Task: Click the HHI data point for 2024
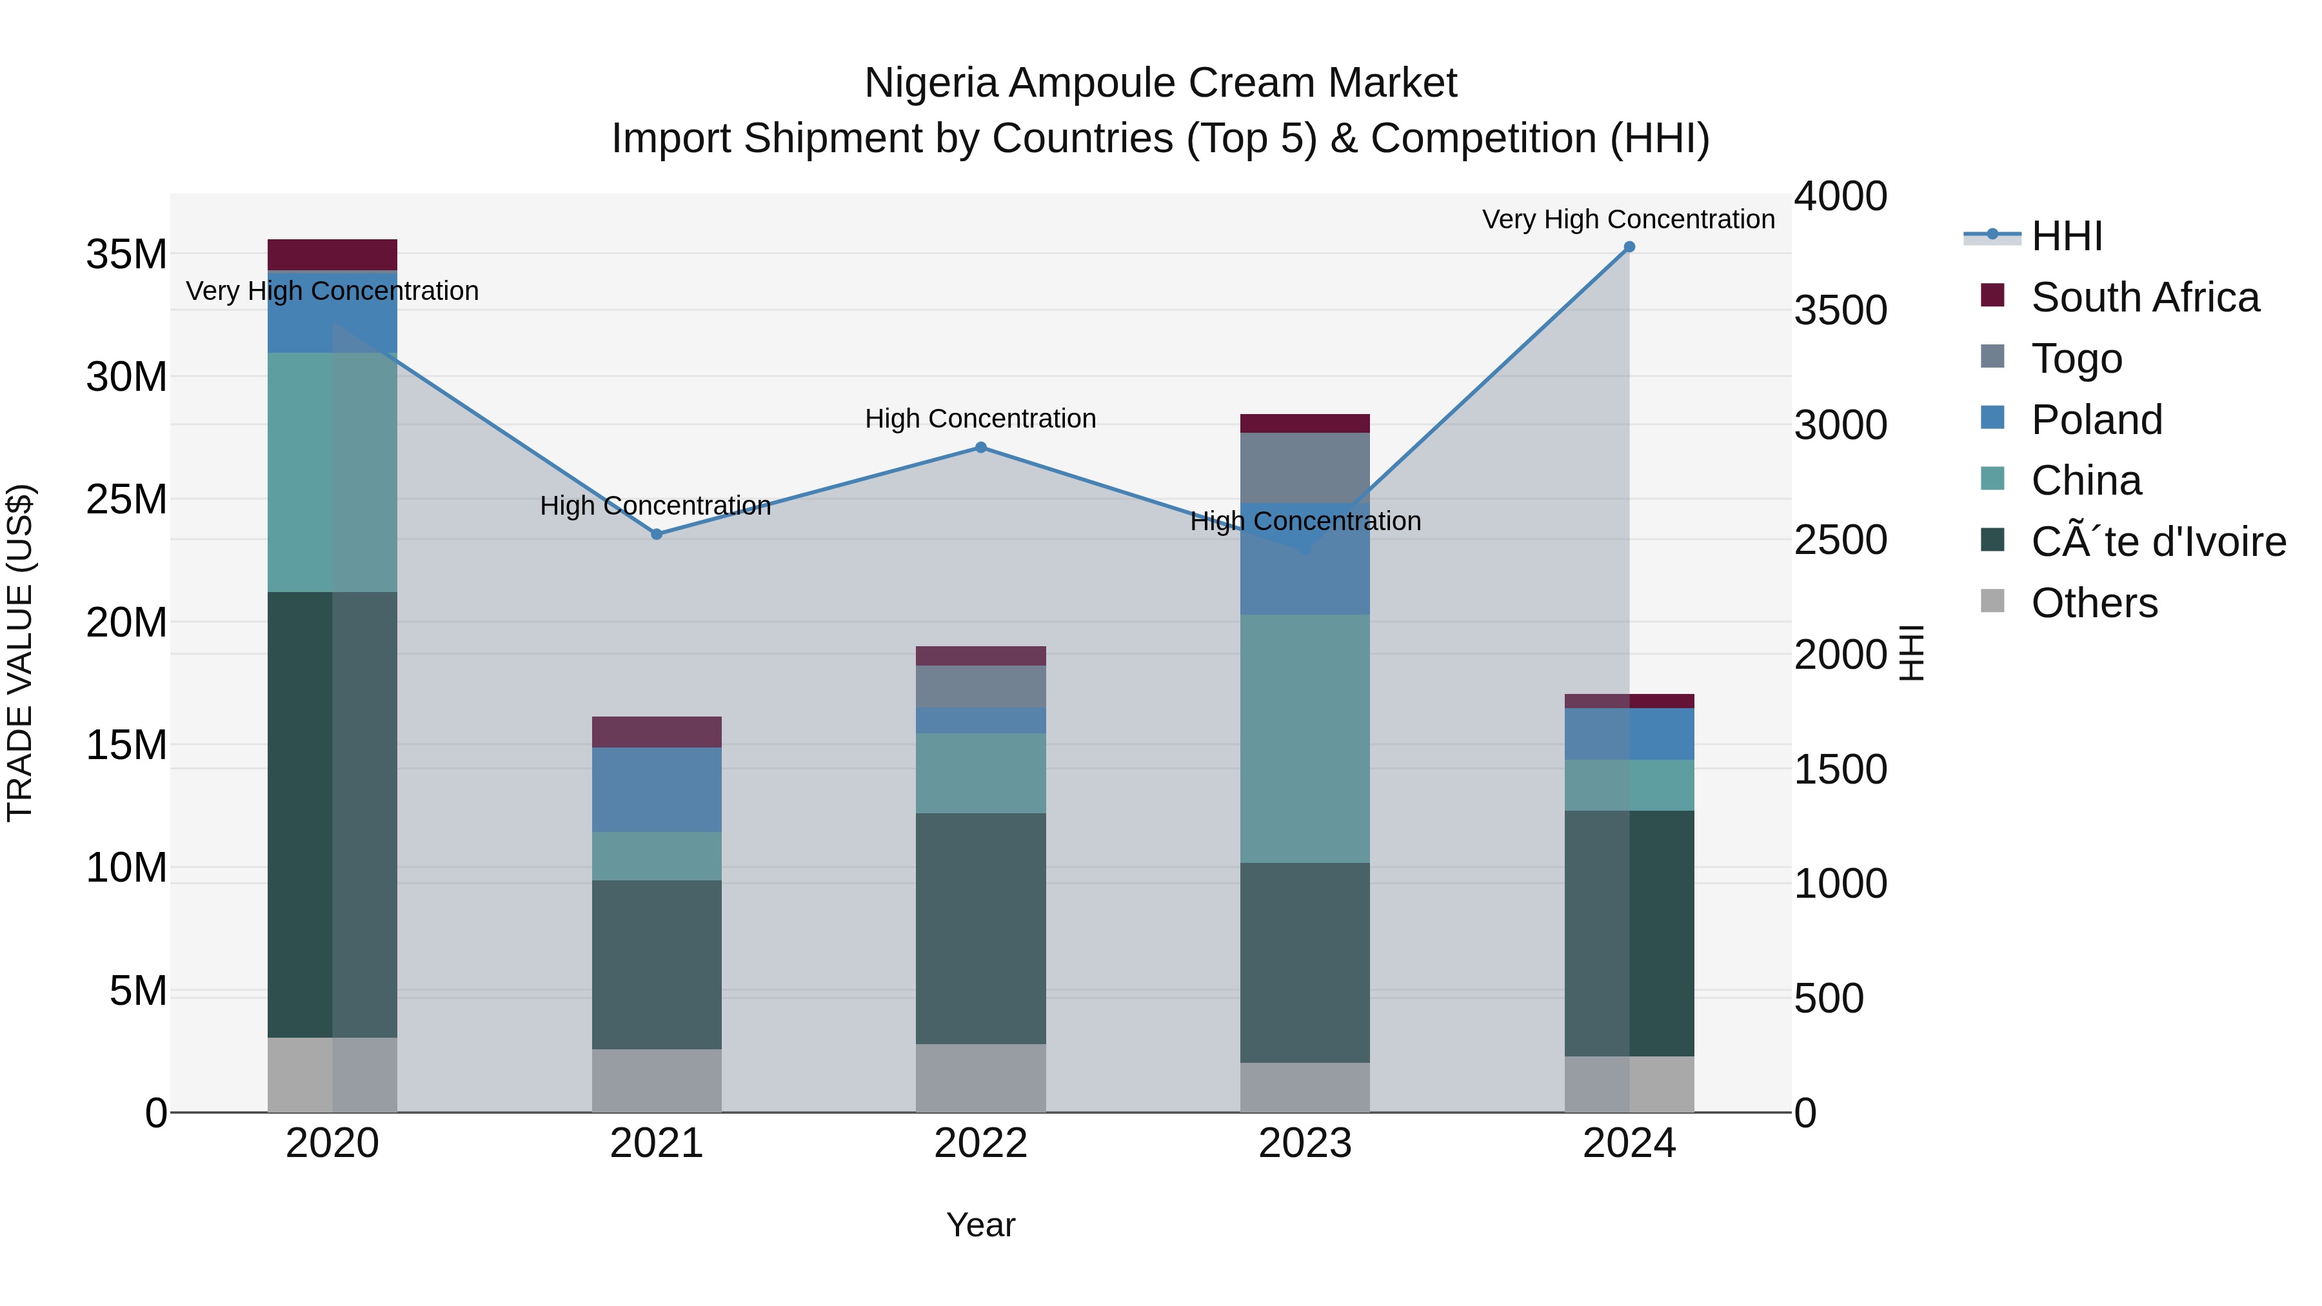point(1629,247)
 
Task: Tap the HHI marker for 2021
point(656,535)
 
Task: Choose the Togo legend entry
point(2076,359)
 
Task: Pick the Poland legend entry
point(2096,420)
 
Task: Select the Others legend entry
point(2094,603)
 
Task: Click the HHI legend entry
point(2066,236)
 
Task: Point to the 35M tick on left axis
point(126,254)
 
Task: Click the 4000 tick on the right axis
point(1840,197)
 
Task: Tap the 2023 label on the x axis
point(1304,1143)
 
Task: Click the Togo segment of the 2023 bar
point(1304,468)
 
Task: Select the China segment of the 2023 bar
point(1304,739)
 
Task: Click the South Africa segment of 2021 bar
point(656,732)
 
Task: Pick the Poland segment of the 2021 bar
point(656,789)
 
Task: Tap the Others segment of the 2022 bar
point(980,1078)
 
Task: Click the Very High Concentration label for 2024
point(1628,219)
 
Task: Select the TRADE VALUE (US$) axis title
point(20,653)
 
